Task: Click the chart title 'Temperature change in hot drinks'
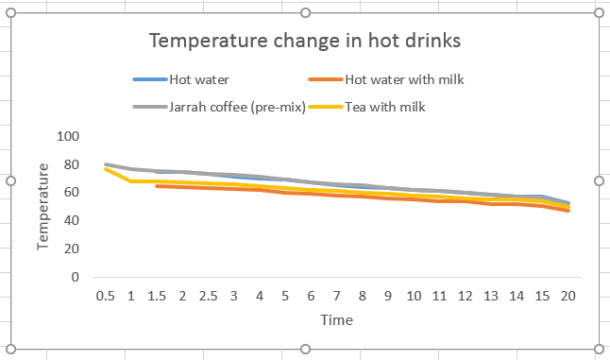click(305, 43)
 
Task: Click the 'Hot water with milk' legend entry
click(404, 80)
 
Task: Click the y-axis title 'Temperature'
click(43, 206)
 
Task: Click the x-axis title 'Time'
click(336, 320)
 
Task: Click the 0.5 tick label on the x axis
click(106, 296)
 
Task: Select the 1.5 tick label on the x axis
click(157, 296)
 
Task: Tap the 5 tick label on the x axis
click(285, 296)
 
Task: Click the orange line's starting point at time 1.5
click(157, 186)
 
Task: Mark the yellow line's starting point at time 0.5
click(106, 168)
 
